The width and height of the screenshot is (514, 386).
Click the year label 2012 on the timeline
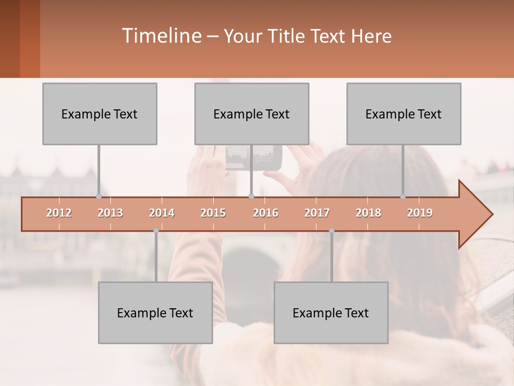click(x=59, y=213)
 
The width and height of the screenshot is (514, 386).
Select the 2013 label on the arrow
click(x=110, y=213)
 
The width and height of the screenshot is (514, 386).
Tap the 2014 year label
click(x=162, y=213)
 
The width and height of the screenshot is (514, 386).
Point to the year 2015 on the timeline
click(x=213, y=213)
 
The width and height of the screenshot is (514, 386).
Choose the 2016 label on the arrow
click(x=266, y=213)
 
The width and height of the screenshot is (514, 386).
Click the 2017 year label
click(x=317, y=213)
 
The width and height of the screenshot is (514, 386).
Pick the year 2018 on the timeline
click(x=368, y=213)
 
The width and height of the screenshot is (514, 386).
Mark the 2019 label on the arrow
click(x=420, y=213)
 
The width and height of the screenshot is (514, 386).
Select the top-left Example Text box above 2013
click(x=100, y=114)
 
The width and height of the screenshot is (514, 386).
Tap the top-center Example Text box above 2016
click(x=252, y=114)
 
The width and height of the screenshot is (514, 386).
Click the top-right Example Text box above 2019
click(x=404, y=114)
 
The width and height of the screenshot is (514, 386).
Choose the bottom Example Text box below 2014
click(x=155, y=313)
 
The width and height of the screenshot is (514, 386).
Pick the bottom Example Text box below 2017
click(x=331, y=313)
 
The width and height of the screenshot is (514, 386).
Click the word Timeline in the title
click(x=161, y=36)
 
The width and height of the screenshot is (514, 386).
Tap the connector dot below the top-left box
click(x=99, y=197)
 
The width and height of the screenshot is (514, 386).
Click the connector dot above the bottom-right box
click(x=331, y=231)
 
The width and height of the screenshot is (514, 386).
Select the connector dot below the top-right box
click(x=403, y=197)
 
